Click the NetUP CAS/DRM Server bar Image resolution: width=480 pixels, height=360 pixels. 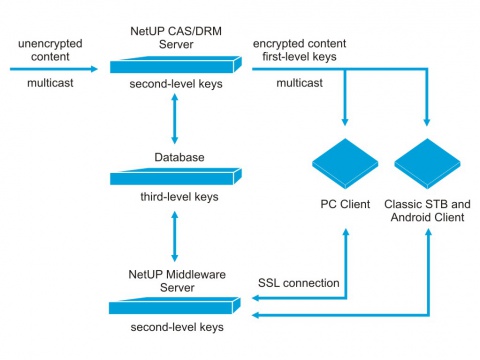(x=176, y=65)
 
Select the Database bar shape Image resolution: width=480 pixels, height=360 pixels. (x=176, y=176)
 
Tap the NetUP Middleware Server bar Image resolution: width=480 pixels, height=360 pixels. (x=175, y=305)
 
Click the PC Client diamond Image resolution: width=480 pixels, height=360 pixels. (x=345, y=164)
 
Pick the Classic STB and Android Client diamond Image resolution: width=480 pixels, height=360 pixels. (x=427, y=164)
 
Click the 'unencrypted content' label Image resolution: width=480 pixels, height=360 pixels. (x=50, y=50)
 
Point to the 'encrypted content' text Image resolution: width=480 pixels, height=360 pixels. (x=299, y=44)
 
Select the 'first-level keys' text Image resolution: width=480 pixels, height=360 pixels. (x=299, y=57)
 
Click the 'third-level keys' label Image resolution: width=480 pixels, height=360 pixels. (x=179, y=197)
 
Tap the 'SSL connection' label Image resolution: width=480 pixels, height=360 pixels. (x=299, y=283)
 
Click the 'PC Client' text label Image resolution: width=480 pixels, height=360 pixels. (x=345, y=204)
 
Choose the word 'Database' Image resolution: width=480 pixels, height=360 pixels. (x=179, y=157)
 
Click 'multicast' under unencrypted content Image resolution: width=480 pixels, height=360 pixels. (x=50, y=83)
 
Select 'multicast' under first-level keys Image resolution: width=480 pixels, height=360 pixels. (x=299, y=83)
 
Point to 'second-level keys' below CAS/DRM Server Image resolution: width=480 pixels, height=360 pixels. (x=176, y=84)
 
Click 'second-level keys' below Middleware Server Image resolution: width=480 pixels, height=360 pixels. (x=177, y=327)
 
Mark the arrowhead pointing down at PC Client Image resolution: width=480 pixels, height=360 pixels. (x=345, y=121)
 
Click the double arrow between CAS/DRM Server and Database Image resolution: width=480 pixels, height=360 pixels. (x=174, y=119)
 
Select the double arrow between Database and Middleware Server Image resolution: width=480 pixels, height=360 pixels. (x=174, y=236)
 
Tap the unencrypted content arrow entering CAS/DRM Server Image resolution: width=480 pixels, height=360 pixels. (x=54, y=69)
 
